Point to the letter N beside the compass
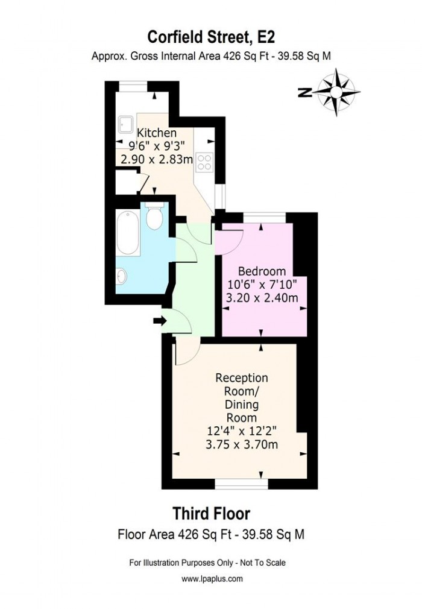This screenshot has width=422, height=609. pyautogui.click(x=306, y=92)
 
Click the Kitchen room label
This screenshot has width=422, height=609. pyautogui.click(x=157, y=133)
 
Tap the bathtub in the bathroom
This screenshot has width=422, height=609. pyautogui.click(x=128, y=232)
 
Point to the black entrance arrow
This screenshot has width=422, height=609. pyautogui.click(x=160, y=321)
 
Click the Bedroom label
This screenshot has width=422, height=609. pyautogui.click(x=262, y=271)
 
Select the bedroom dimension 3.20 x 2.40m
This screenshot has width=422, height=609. pyautogui.click(x=262, y=297)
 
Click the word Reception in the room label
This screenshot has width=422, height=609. pyautogui.click(x=242, y=378)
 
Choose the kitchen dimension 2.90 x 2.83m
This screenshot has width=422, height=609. pyautogui.click(x=157, y=159)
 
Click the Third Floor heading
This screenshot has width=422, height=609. pyautogui.click(x=211, y=514)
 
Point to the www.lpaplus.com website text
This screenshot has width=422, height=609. pyautogui.click(x=212, y=578)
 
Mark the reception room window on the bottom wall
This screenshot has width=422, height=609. pyautogui.click(x=242, y=483)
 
